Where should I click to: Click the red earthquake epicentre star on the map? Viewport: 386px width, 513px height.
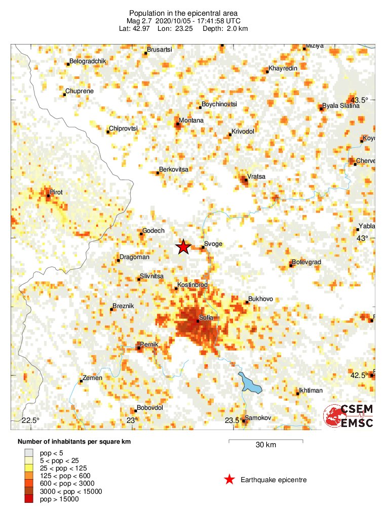pyautogui.click(x=183, y=247)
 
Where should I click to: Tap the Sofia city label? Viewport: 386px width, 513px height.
pyautogui.click(x=206, y=318)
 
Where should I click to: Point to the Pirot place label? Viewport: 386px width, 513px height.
pyautogui.click(x=56, y=193)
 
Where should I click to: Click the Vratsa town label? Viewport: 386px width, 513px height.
pyautogui.click(x=256, y=177)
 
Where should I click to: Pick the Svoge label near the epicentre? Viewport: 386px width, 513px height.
pyautogui.click(x=213, y=244)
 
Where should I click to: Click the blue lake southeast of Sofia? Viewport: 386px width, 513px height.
pyautogui.click(x=250, y=383)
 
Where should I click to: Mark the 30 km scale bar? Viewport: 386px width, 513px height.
pyautogui.click(x=265, y=442)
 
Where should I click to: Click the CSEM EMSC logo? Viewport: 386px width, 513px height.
pyautogui.click(x=349, y=416)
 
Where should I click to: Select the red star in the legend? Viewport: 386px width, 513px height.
pyautogui.click(x=229, y=480)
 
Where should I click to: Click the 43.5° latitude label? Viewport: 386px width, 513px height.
pyautogui.click(x=362, y=99)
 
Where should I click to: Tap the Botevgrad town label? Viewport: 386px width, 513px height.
pyautogui.click(x=307, y=262)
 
